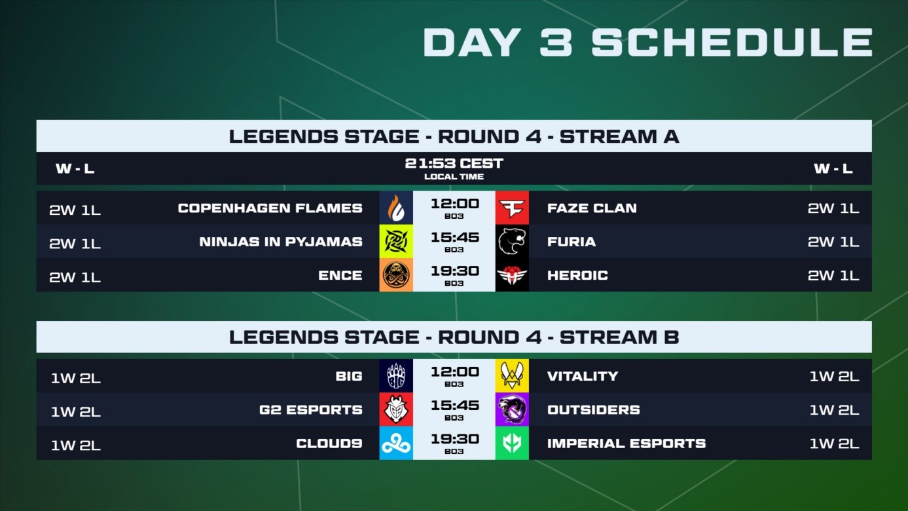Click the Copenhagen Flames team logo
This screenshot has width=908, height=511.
point(396,208)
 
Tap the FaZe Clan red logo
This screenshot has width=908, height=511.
point(512,208)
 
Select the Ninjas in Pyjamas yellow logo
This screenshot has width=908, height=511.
point(396,241)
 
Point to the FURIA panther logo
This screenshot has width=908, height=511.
point(512,241)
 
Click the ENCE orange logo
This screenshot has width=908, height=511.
point(396,275)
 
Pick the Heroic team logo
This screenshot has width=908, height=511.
point(512,275)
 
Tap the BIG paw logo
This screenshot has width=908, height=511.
point(396,375)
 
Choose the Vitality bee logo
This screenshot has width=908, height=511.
point(512,375)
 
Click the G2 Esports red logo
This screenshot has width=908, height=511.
point(396,409)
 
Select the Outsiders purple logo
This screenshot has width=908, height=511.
point(512,409)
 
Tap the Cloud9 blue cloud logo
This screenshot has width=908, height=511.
point(396,443)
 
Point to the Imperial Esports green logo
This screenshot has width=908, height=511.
point(512,443)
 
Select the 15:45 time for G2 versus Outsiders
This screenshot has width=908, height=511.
point(455,406)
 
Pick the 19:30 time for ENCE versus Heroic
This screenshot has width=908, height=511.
point(455,271)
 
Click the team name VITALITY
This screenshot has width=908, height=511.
point(583,376)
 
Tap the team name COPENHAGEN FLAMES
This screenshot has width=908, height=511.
point(270,208)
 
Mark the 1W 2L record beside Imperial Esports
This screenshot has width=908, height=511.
point(834,444)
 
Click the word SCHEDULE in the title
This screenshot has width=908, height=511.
point(732,42)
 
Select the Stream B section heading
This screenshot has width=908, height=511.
point(454,337)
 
